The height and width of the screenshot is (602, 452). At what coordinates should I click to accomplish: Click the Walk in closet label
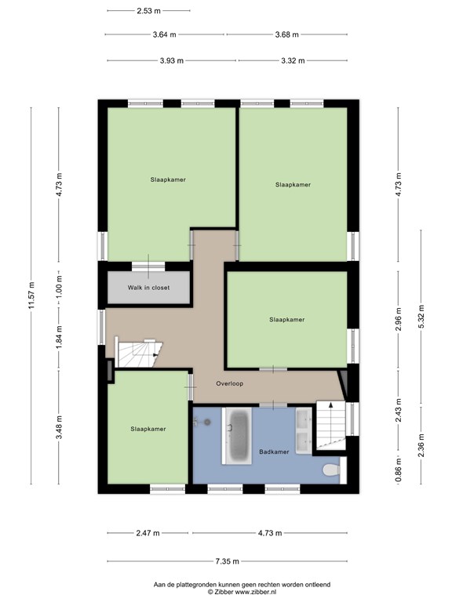click(149, 288)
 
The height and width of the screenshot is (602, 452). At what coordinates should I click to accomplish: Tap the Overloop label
click(229, 383)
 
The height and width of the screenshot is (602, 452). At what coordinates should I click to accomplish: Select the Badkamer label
click(274, 451)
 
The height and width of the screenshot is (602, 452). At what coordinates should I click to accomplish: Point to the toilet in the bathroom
click(332, 470)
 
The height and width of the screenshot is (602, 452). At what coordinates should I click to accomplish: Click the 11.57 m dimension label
click(31, 296)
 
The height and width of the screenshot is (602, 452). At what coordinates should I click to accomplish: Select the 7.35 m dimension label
click(227, 561)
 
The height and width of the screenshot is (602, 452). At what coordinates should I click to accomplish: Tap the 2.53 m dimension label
click(149, 11)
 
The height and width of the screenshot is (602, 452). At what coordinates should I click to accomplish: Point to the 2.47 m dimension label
click(148, 533)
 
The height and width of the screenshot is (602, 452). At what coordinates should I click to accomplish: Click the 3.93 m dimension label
click(172, 60)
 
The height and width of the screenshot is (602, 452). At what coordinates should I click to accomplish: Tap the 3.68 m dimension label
click(286, 34)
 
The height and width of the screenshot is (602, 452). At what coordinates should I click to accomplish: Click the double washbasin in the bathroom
click(304, 431)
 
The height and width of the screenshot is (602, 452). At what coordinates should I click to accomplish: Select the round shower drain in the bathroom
click(207, 422)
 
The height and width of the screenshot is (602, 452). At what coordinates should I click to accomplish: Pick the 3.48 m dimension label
click(59, 427)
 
